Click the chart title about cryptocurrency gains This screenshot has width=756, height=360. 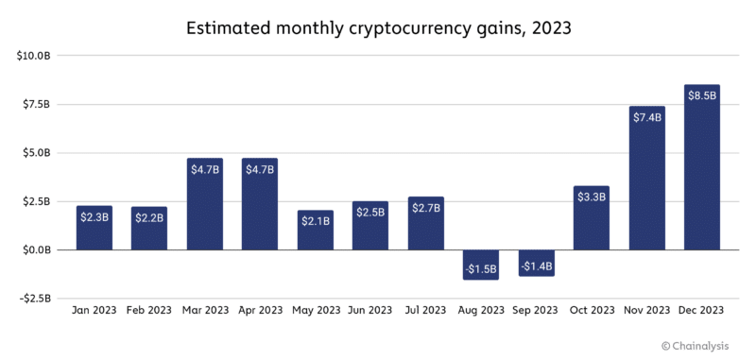tap(377, 28)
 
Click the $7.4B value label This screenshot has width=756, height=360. tap(647, 117)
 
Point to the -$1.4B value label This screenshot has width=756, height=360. tap(536, 267)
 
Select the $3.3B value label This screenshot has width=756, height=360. tap(592, 197)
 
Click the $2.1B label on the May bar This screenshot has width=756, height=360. tap(316, 220)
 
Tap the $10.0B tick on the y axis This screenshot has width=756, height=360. tap(33, 56)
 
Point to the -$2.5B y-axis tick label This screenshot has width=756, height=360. tap(33, 299)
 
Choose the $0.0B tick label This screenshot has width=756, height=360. tap(35, 250)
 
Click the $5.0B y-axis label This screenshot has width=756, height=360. tap(35, 153)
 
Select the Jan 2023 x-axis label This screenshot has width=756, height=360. tap(94, 310)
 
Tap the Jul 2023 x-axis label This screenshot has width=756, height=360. tap(426, 310)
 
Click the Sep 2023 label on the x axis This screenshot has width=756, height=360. tap(537, 310)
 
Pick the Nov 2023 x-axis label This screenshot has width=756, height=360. tap(647, 310)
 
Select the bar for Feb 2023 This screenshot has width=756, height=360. tap(149, 229)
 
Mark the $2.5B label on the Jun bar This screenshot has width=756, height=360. tap(370, 213)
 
